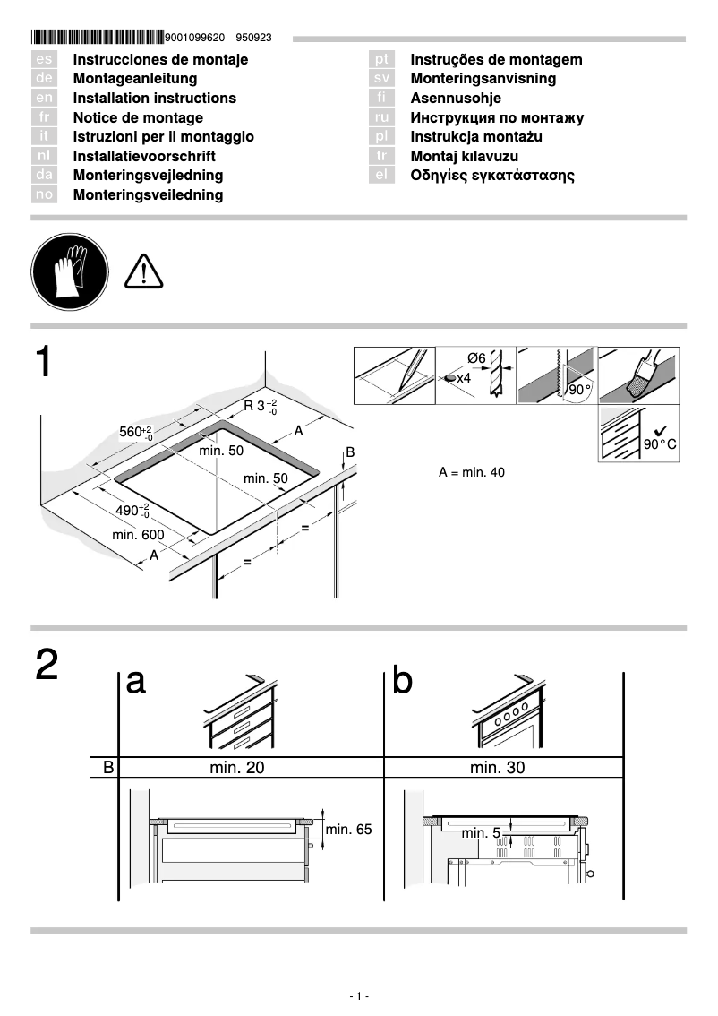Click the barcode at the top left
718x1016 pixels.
click(x=97, y=38)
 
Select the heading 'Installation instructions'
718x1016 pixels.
click(x=154, y=99)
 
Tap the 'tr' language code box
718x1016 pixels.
click(x=381, y=156)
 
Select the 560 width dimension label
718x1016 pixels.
click(x=136, y=434)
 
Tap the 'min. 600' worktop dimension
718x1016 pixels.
click(x=138, y=535)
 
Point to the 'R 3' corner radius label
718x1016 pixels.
click(x=261, y=406)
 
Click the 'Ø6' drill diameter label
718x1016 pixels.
click(x=476, y=358)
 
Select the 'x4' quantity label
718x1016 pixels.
click(x=464, y=378)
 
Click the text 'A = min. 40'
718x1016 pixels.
click(x=472, y=472)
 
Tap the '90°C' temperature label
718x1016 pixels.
click(x=660, y=444)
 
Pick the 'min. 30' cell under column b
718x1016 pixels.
click(x=497, y=768)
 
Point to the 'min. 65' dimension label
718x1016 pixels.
click(x=348, y=830)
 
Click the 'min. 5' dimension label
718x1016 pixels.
click(x=481, y=833)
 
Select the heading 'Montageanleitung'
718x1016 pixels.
click(x=134, y=79)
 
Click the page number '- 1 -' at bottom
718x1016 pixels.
click(x=359, y=996)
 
